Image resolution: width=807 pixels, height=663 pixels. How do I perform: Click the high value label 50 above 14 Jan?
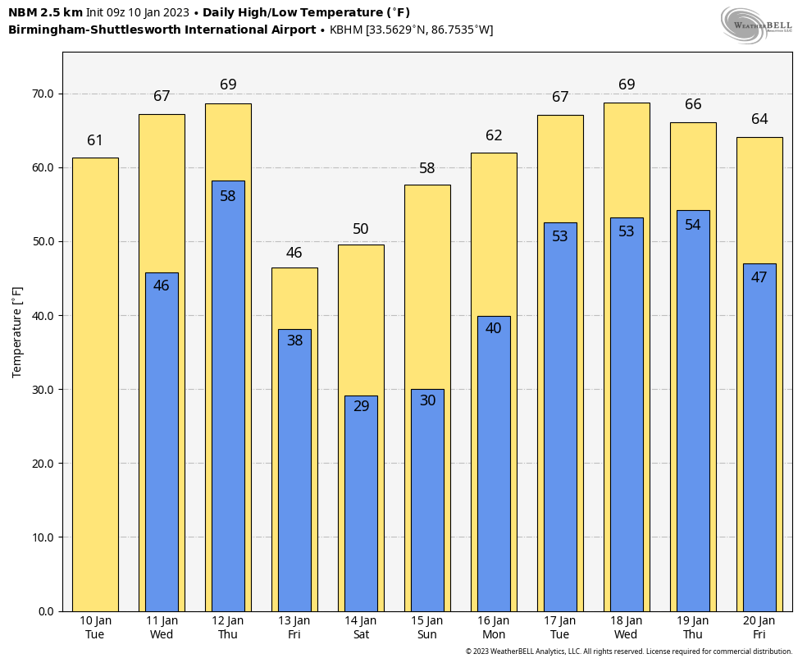361,229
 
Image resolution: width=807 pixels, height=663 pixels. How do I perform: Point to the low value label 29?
361,406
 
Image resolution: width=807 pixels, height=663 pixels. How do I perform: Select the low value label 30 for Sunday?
427,400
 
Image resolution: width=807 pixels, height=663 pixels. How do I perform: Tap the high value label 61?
95,140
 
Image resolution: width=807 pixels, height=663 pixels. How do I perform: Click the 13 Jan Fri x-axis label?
294,628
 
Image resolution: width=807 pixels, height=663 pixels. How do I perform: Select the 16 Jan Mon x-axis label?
494,628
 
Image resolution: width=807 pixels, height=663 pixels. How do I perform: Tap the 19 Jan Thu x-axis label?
693,628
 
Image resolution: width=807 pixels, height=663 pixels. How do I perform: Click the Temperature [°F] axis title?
17,331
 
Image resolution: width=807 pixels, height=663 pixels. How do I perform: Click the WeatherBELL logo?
756,25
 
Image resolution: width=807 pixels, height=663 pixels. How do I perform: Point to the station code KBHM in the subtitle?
346,30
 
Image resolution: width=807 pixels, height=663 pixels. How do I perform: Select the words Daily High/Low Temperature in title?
300,12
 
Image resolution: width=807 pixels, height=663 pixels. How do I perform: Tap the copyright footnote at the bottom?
629,652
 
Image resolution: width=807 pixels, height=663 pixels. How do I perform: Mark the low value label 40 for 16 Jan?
494,328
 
